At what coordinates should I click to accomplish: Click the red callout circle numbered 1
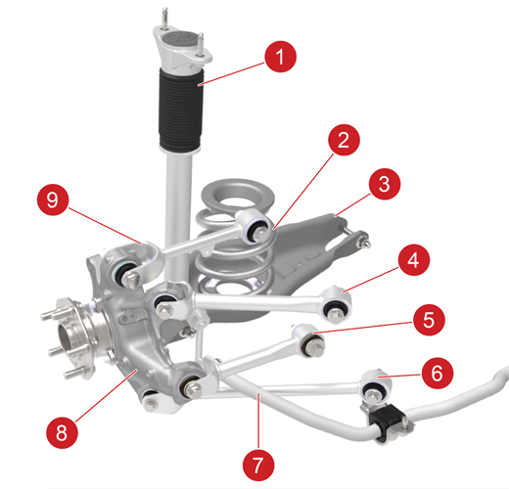pyautogui.click(x=281, y=57)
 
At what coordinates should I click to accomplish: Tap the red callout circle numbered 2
pyautogui.click(x=344, y=140)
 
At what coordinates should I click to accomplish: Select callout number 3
pyautogui.click(x=385, y=184)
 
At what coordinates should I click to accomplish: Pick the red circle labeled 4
pyautogui.click(x=414, y=260)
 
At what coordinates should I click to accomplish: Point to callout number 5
pyautogui.click(x=429, y=320)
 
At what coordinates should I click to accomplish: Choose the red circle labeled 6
pyautogui.click(x=438, y=373)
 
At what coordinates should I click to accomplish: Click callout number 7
pyautogui.click(x=258, y=465)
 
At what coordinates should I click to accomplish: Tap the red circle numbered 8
pyautogui.click(x=62, y=432)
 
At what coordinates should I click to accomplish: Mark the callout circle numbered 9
pyautogui.click(x=53, y=200)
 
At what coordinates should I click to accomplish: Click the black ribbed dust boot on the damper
pyautogui.click(x=180, y=110)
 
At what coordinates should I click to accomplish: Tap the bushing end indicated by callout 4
pyautogui.click(x=336, y=303)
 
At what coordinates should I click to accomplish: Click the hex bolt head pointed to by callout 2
pyautogui.click(x=260, y=234)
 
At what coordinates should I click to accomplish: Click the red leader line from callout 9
pyautogui.click(x=105, y=226)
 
